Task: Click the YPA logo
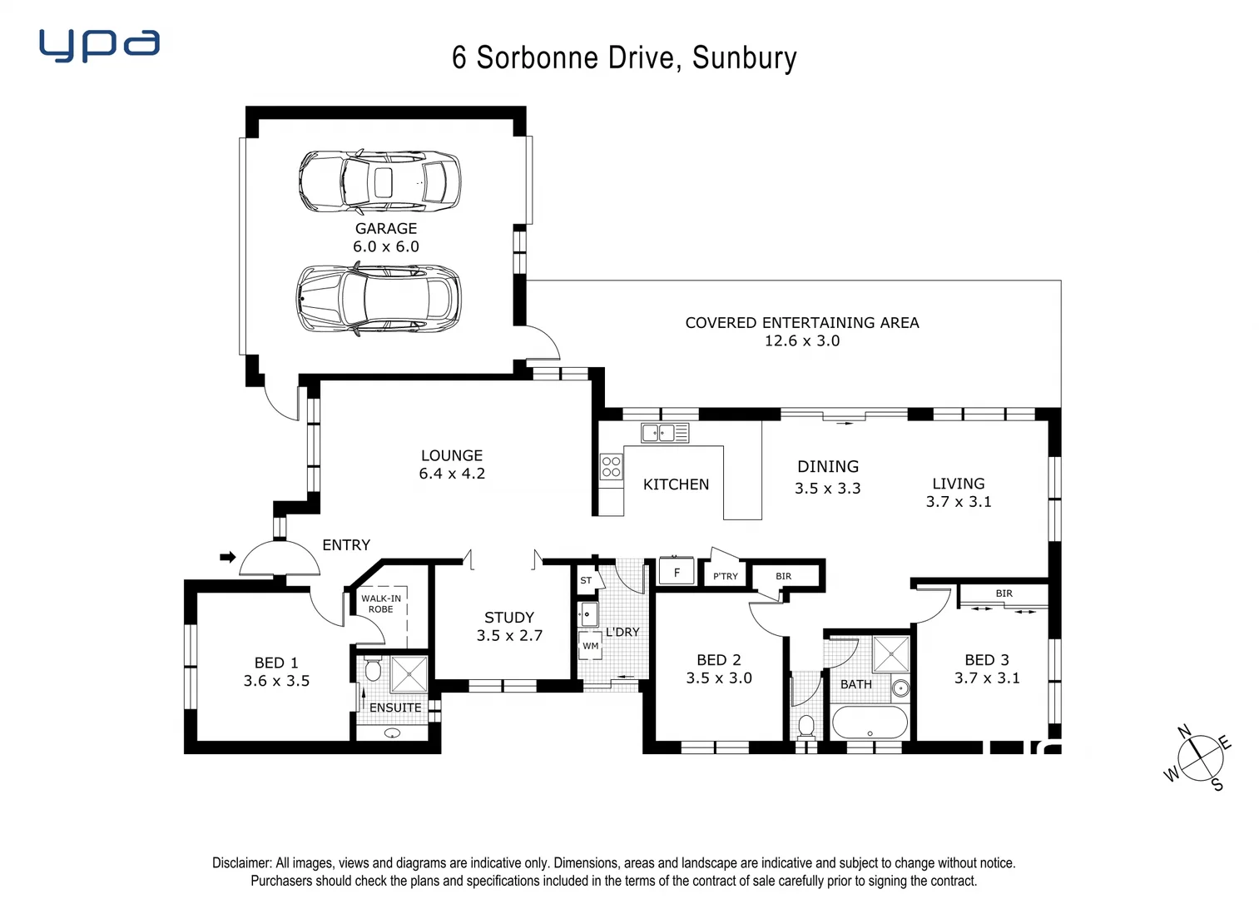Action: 99,45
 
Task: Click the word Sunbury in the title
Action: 744,57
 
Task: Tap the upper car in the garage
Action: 379,181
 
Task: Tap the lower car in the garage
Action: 379,299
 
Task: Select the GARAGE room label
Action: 385,228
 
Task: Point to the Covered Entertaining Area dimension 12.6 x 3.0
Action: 801,340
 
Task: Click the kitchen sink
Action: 664,433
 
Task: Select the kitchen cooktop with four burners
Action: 611,466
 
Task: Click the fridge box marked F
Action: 677,573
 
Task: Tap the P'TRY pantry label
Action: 725,576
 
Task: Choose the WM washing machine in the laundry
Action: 590,646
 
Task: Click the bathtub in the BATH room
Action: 870,723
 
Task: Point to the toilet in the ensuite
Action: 373,670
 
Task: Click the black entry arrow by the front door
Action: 227,557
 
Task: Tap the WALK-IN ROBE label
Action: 381,603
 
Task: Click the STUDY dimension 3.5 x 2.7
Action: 509,636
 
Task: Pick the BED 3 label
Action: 987,659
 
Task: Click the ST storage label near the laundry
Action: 586,580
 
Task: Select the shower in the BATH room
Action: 890,654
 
